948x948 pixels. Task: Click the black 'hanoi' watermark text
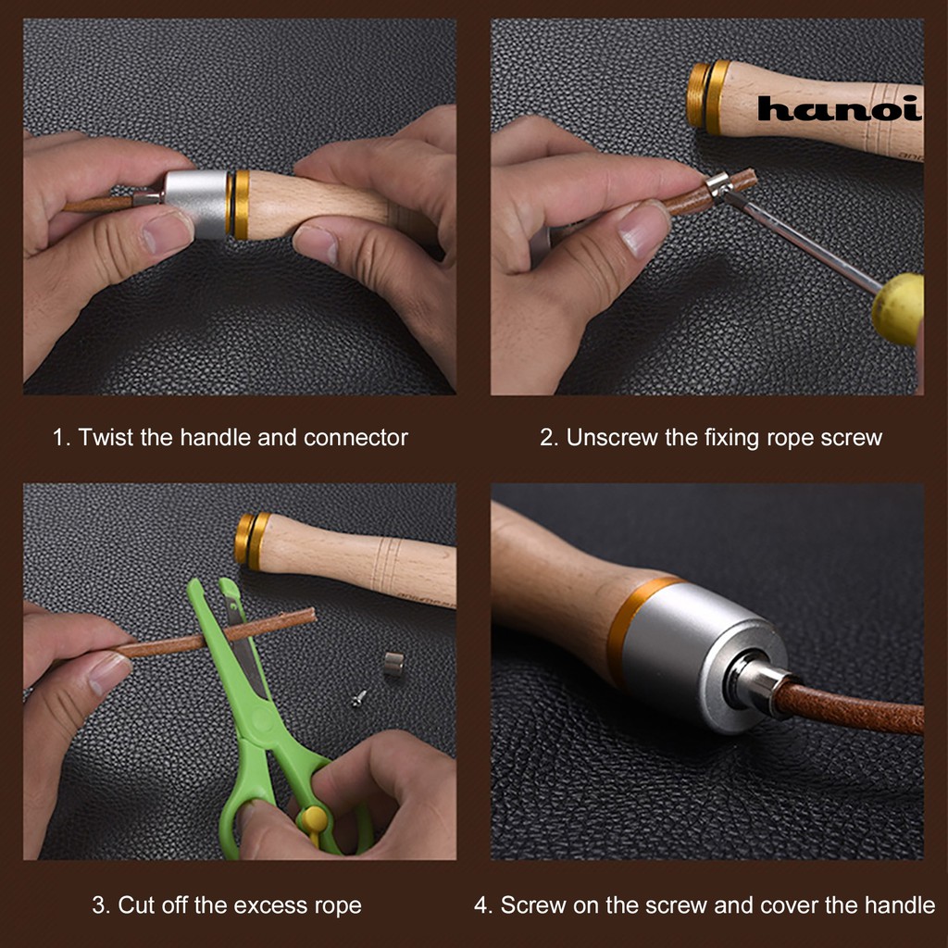pos(839,109)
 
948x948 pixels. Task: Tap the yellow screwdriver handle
pos(898,308)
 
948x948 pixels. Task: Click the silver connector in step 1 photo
pos(196,204)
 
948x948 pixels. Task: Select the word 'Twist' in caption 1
pos(106,437)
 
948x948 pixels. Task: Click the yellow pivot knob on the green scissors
pos(315,820)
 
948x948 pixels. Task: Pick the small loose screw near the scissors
pos(359,698)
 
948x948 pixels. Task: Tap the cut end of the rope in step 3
pos(311,617)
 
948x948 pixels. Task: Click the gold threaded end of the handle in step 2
pos(708,95)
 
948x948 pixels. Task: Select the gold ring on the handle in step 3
pos(253,541)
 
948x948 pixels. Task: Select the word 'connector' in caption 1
pos(355,437)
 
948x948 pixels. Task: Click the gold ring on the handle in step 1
pos(241,205)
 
